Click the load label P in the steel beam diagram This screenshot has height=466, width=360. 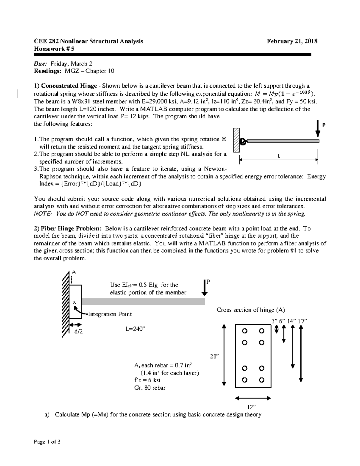pyautogui.click(x=324, y=125)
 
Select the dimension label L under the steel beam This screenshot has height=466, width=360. pyautogui.click(x=279, y=156)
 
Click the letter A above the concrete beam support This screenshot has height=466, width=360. pyautogui.click(x=73, y=272)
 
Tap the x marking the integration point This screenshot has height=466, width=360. pyautogui.click(x=74, y=302)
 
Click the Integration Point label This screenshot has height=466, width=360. pyautogui.click(x=110, y=314)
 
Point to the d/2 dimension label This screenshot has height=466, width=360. pyautogui.click(x=78, y=331)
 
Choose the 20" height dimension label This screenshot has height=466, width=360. pyautogui.click(x=214, y=356)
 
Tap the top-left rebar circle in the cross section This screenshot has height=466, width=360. pyautogui.click(x=244, y=331)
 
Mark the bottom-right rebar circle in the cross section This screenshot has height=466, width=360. pyautogui.click(x=262, y=380)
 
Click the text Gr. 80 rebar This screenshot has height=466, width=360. pyautogui.click(x=150, y=388)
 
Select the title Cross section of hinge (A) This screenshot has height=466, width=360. pyautogui.click(x=250, y=310)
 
